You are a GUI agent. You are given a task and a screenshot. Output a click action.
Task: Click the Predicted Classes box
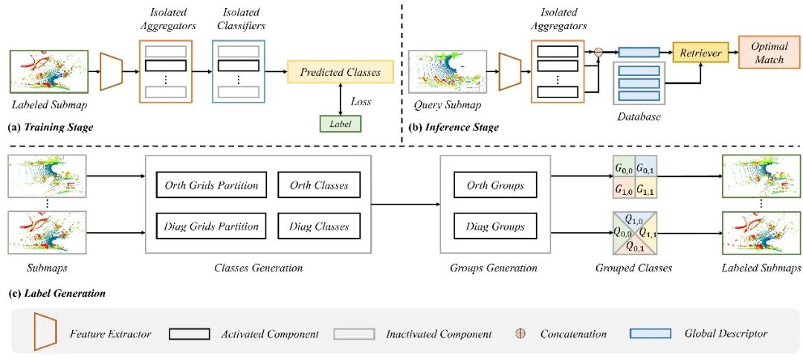340,72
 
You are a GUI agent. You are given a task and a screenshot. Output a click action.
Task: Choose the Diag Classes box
317,226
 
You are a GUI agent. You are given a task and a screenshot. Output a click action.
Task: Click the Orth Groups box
496,185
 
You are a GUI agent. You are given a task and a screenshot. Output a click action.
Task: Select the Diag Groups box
496,226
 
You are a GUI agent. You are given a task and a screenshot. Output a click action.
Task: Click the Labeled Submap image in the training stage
49,72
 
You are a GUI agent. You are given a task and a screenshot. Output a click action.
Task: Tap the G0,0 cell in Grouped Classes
624,170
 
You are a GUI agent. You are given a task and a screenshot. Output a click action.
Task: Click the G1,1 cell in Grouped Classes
645,189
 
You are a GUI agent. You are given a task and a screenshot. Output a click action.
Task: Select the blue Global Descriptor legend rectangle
650,333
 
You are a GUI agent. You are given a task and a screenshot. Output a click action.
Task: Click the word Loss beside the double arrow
361,102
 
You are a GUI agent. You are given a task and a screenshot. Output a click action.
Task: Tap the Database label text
639,117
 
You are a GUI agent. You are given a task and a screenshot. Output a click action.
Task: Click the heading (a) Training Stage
51,127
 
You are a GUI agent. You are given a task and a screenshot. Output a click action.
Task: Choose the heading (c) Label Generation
57,293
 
